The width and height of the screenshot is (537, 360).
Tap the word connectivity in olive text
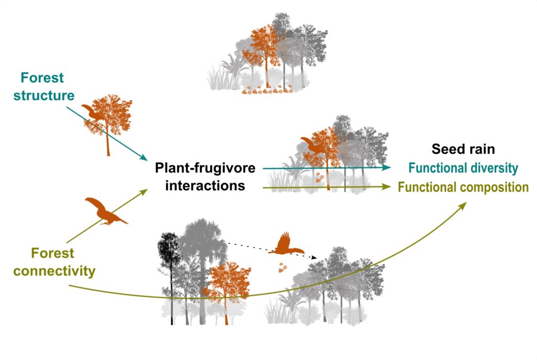(55, 271)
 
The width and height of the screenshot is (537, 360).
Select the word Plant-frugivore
(205, 169)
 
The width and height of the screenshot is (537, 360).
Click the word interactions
(205, 186)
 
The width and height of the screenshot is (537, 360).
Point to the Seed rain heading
(463, 149)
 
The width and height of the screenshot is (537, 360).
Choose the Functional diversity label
(463, 168)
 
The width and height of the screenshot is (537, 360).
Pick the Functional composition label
(463, 187)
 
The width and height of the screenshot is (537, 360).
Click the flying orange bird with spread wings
(286, 245)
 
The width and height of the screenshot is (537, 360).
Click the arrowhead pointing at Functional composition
(389, 186)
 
